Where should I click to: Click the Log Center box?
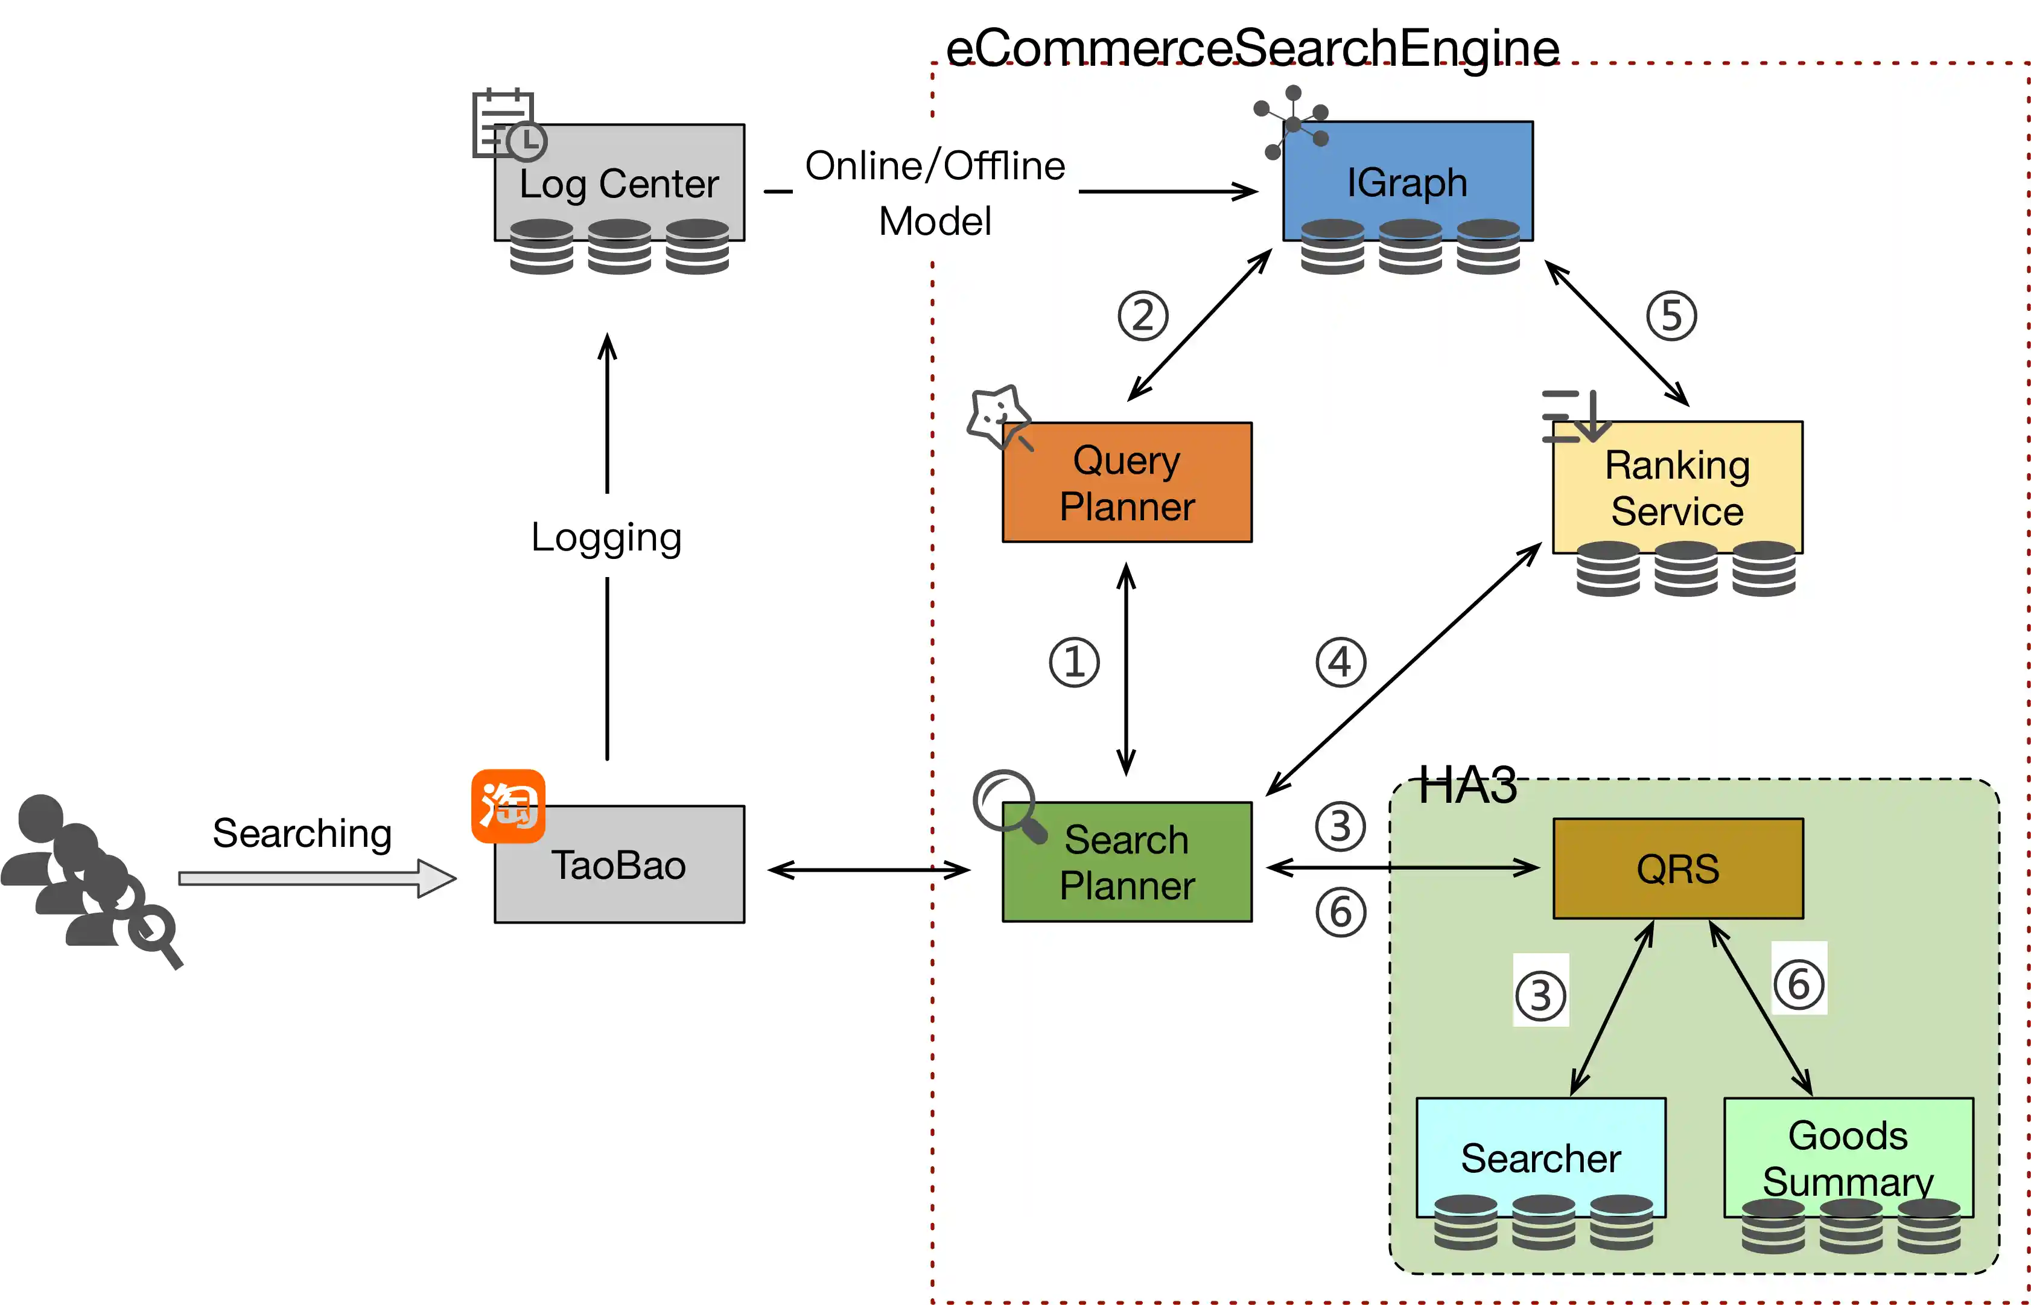tap(619, 182)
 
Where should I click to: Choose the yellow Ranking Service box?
tap(1677, 487)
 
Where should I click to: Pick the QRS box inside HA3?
tap(1678, 868)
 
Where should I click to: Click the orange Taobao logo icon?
tap(508, 806)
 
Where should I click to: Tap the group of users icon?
tap(89, 877)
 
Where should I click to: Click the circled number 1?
tap(1074, 662)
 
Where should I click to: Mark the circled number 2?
tap(1143, 316)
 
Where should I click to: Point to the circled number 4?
tap(1341, 662)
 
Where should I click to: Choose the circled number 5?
tap(1671, 316)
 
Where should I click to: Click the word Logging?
tap(606, 537)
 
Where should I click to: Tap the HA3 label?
tap(1468, 785)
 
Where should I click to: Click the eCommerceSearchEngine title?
tap(1252, 48)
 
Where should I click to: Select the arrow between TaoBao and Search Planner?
tap(869, 869)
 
